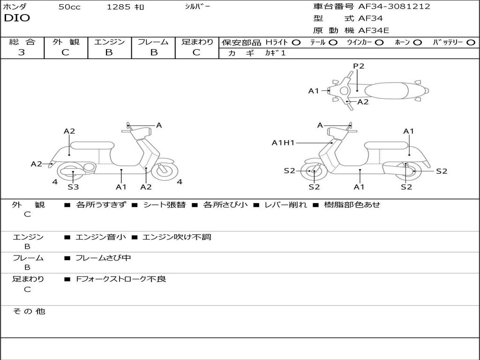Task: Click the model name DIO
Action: point(17,18)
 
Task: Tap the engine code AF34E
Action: point(374,30)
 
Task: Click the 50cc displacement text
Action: point(69,7)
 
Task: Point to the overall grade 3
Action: point(22,52)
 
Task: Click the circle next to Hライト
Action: point(296,43)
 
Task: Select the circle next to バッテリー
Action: point(471,43)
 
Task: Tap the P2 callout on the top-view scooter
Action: point(359,66)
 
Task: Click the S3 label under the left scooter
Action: point(73,187)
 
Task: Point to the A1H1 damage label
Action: point(283,142)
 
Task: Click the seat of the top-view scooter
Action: point(386,90)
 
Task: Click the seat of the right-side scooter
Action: point(387,146)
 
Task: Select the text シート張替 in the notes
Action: point(165,205)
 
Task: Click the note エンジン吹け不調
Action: point(177,237)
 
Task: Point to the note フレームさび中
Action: point(103,258)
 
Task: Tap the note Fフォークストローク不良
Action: point(121,279)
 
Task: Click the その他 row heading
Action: point(29,311)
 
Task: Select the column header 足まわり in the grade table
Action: point(197,42)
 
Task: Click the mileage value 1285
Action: point(118,7)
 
